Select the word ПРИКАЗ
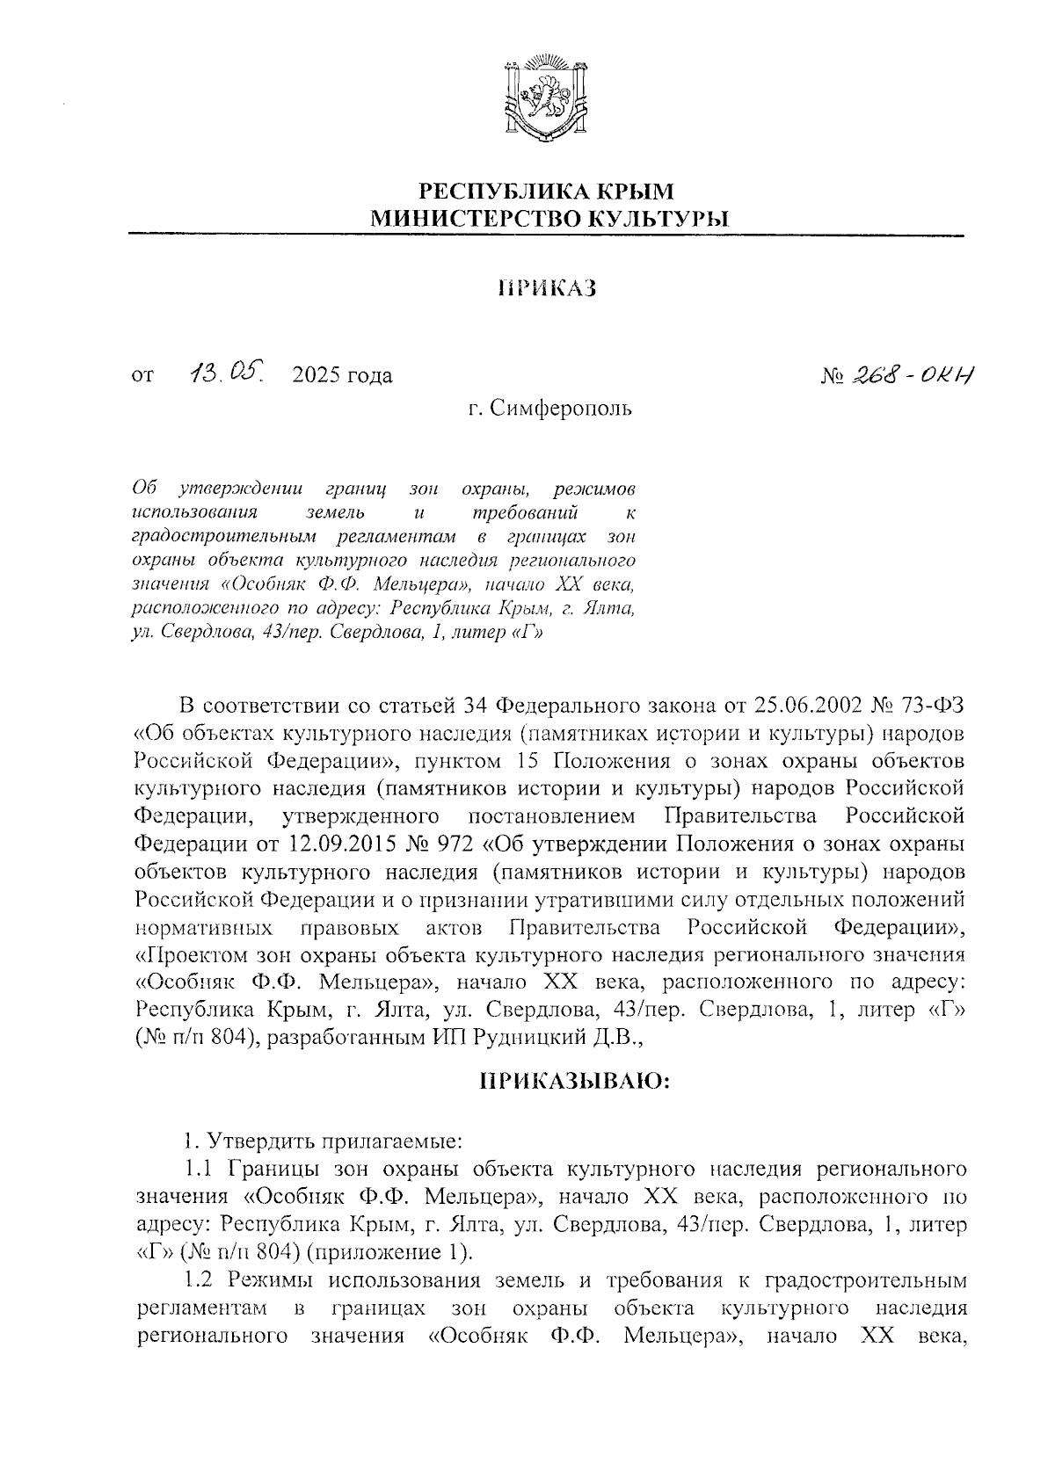547,288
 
